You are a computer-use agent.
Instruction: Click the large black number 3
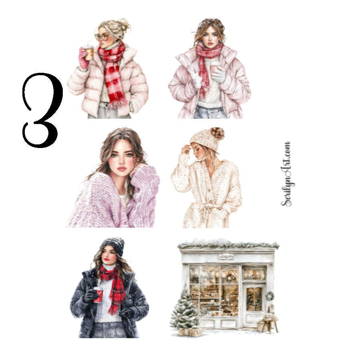coord(42,110)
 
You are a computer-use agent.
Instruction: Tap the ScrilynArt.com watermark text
coord(286,174)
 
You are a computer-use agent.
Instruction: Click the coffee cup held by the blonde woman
coord(89,52)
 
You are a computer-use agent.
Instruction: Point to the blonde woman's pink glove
coord(84,58)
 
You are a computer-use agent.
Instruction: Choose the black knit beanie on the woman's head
coord(112,245)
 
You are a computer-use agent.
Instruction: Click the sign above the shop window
coord(226,257)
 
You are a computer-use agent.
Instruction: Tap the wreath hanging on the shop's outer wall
coord(270,296)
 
